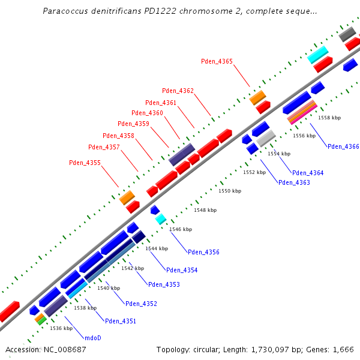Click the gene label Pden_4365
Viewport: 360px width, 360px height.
pos(217,61)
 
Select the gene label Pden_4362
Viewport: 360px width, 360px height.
pos(178,91)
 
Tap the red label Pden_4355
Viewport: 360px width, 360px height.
pos(85,163)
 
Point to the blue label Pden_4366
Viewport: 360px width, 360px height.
pos(343,146)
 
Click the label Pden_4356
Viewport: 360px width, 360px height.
pos(203,252)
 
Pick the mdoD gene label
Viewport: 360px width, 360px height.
pos(92,338)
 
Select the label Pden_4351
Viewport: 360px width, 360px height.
pos(121,321)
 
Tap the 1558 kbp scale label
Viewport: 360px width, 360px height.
pos(329,118)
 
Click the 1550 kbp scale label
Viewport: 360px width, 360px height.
pos(229,191)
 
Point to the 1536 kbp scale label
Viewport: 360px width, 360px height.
pos(61,328)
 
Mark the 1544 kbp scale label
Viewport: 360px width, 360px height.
pos(156,248)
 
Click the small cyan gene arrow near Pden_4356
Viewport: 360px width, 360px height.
pos(160,219)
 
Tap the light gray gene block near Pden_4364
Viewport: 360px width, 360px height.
pos(266,138)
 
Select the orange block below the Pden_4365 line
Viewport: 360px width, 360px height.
pos(257,97)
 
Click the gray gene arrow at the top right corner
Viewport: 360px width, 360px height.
pos(347,34)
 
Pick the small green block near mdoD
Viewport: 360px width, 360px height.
pos(41,321)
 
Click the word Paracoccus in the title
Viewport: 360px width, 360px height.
pos(65,11)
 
